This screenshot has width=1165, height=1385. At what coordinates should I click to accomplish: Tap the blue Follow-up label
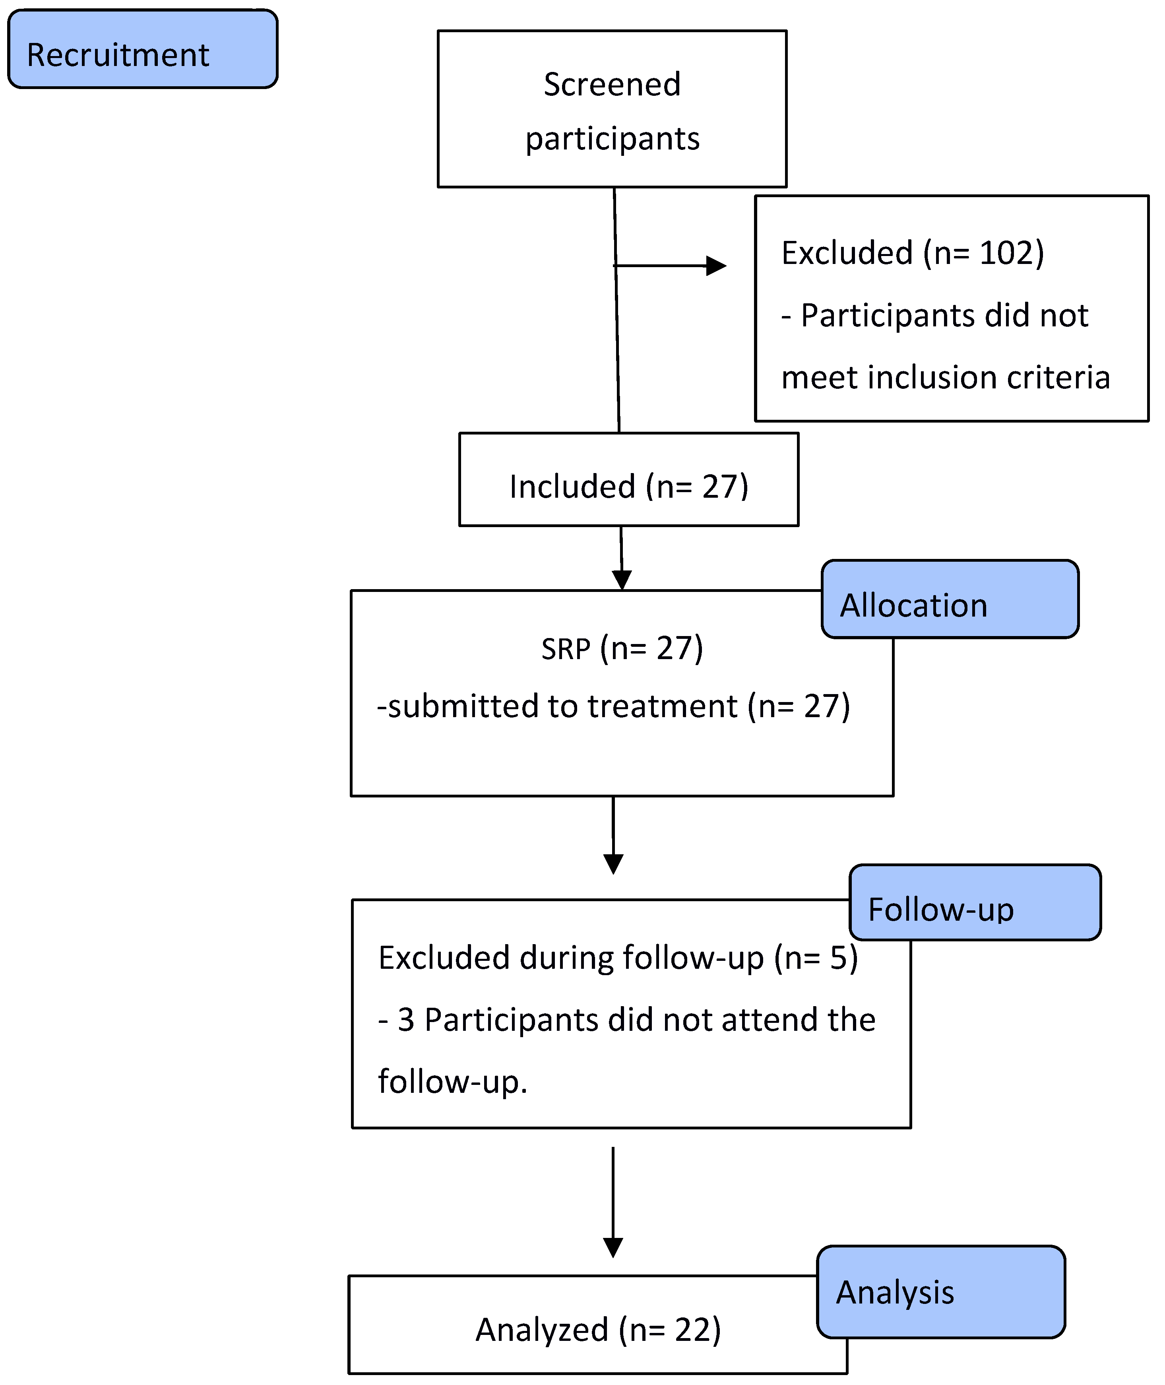click(x=974, y=903)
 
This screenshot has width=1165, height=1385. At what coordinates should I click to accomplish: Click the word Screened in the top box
click(x=612, y=85)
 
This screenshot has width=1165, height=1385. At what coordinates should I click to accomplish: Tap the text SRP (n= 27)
click(x=622, y=649)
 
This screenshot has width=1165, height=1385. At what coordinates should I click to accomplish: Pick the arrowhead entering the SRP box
click(x=622, y=579)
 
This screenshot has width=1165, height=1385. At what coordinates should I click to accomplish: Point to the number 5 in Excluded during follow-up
click(x=839, y=958)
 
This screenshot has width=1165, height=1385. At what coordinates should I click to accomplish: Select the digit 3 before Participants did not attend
click(x=406, y=1020)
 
